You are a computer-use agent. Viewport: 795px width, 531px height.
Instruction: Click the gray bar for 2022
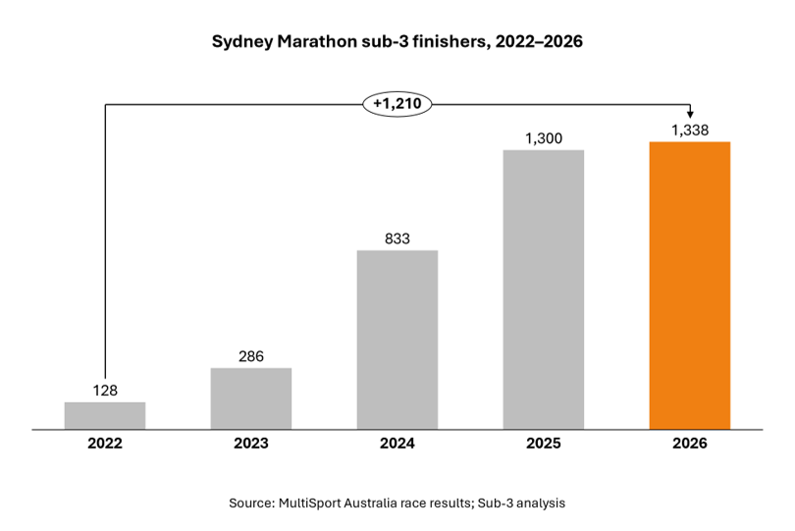(x=105, y=416)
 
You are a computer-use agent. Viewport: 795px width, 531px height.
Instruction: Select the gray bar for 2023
(x=251, y=398)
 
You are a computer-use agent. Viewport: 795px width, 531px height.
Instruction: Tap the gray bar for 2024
(x=397, y=340)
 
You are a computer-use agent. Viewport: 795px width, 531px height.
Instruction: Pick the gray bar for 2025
(x=544, y=290)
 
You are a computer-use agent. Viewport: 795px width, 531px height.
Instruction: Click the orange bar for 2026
(x=690, y=286)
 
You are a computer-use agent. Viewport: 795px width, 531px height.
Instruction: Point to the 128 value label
(x=105, y=391)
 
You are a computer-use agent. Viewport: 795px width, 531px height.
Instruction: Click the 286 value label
(x=251, y=356)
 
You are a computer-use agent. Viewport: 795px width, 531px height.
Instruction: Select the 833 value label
(x=397, y=239)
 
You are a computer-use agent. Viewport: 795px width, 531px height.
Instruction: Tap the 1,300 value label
(x=544, y=138)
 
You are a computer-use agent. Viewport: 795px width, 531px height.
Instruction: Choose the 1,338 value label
(x=690, y=131)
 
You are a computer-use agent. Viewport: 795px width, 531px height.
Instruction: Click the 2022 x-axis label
(x=105, y=444)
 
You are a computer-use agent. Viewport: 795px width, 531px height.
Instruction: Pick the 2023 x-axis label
(x=251, y=444)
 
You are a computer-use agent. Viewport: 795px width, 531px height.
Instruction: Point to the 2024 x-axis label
(x=397, y=444)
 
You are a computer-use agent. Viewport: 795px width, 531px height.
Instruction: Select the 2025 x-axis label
(x=544, y=444)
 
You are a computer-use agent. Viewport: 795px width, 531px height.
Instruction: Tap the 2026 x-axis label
(x=690, y=444)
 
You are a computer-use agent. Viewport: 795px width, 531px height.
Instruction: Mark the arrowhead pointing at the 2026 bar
(x=690, y=115)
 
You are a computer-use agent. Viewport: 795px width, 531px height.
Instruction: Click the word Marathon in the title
(x=316, y=41)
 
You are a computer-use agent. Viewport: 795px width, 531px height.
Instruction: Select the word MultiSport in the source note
(x=309, y=504)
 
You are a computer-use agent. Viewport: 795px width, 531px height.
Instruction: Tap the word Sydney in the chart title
(x=242, y=42)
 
